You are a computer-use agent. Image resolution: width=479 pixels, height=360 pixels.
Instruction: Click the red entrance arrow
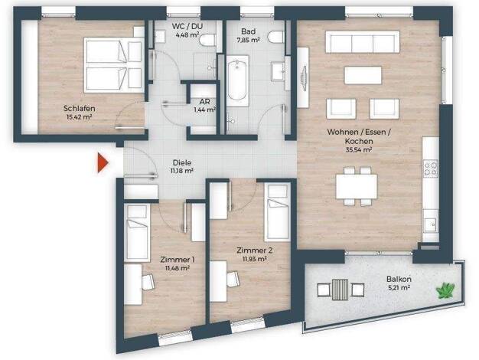103,163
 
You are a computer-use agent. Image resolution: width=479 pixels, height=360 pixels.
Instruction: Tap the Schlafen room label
79,108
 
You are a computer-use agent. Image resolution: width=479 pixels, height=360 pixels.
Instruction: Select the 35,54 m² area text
359,150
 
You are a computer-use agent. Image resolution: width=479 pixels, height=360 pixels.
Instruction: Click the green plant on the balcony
445,290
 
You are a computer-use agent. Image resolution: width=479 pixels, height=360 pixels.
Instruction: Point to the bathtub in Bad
237,80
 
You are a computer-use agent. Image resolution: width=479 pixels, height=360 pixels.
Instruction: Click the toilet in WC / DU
207,40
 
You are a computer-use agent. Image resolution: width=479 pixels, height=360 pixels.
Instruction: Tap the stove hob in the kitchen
430,169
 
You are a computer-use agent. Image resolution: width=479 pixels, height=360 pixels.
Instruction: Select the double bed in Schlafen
114,65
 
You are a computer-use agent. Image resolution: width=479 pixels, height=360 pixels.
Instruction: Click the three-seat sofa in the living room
363,42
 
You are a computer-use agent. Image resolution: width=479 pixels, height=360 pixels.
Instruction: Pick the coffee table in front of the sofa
363,75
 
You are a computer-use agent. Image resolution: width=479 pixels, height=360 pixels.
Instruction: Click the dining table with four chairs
357,186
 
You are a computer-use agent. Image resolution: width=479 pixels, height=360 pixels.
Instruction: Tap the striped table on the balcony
340,288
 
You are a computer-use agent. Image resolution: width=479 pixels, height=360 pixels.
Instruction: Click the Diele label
181,162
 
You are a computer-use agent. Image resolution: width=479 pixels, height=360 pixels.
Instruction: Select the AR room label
204,101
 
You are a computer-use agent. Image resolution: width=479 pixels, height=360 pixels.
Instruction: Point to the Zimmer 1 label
178,260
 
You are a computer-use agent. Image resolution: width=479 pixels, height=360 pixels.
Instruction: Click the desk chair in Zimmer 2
233,279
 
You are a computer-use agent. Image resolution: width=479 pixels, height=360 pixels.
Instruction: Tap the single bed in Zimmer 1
137,232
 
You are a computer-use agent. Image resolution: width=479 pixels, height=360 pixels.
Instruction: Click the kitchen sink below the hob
430,225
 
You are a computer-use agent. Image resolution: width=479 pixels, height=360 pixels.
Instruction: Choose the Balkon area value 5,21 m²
399,287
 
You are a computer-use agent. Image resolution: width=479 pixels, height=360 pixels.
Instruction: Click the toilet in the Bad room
276,37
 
